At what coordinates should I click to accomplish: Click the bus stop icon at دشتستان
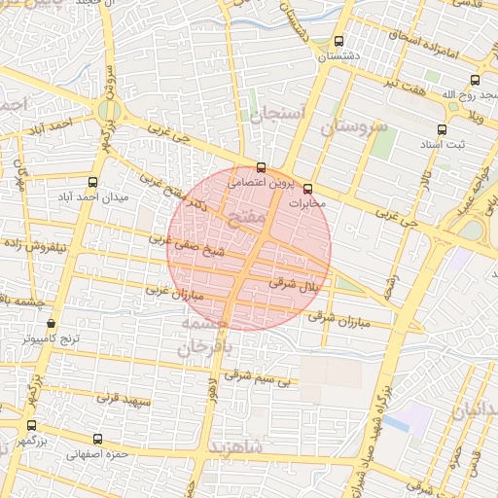[x=338, y=42]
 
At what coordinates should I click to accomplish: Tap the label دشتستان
[x=339, y=56]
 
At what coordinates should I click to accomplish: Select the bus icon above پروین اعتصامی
[x=261, y=166]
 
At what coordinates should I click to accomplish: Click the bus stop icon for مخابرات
[x=309, y=189]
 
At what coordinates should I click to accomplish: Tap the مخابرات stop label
[x=309, y=204]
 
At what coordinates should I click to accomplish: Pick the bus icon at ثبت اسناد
[x=443, y=129]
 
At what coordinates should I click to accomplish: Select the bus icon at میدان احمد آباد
[x=93, y=182]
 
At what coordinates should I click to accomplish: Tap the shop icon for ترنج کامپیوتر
[x=51, y=324]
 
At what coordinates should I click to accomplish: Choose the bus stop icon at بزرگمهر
[x=31, y=425]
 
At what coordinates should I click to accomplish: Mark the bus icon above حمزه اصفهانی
[x=96, y=438]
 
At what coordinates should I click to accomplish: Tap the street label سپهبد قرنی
[x=120, y=399]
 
